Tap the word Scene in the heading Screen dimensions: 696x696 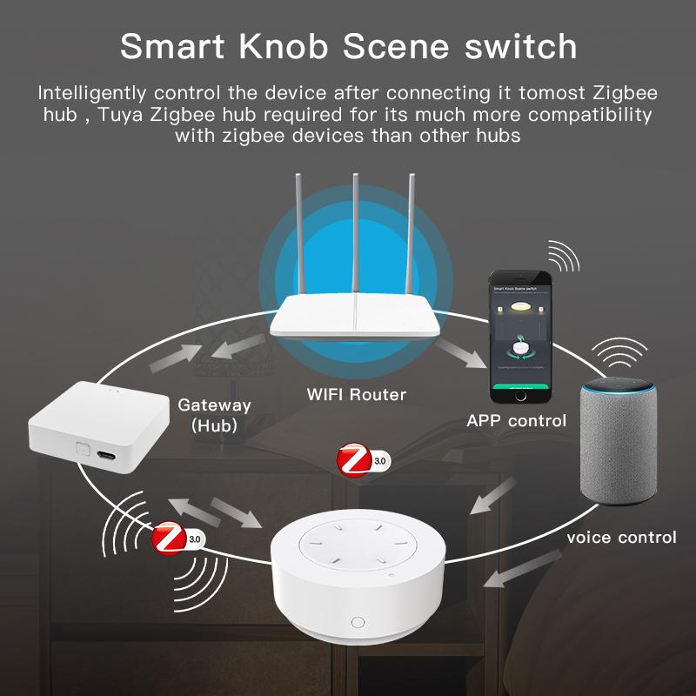397,47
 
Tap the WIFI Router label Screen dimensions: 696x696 357,394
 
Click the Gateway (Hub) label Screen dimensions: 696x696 214,415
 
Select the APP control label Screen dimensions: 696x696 517,421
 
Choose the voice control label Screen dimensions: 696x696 621,537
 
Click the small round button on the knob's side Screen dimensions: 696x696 357,622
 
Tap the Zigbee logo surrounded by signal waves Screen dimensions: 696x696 168,539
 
